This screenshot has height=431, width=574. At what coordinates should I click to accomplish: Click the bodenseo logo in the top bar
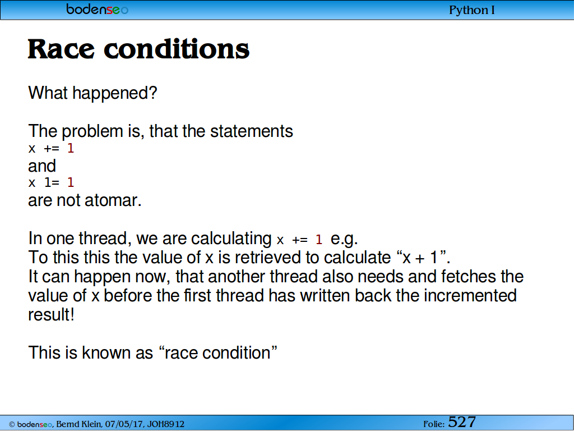click(x=97, y=9)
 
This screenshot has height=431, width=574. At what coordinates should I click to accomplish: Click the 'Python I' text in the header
click(x=472, y=10)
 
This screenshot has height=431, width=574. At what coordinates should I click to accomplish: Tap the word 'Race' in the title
click(x=61, y=49)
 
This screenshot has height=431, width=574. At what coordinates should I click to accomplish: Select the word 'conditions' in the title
click(x=177, y=49)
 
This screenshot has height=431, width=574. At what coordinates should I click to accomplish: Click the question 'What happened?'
click(x=92, y=93)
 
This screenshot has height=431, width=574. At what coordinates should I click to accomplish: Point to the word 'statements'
click(x=252, y=131)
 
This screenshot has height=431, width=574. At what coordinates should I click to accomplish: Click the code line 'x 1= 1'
click(x=51, y=182)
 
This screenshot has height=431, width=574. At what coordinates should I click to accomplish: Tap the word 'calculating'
click(x=231, y=239)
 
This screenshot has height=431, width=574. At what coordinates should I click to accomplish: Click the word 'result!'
click(x=51, y=314)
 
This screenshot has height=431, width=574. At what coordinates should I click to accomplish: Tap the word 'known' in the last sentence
click(x=106, y=352)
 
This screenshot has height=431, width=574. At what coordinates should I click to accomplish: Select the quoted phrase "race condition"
click(x=218, y=352)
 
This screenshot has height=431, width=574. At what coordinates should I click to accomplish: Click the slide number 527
click(x=462, y=422)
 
